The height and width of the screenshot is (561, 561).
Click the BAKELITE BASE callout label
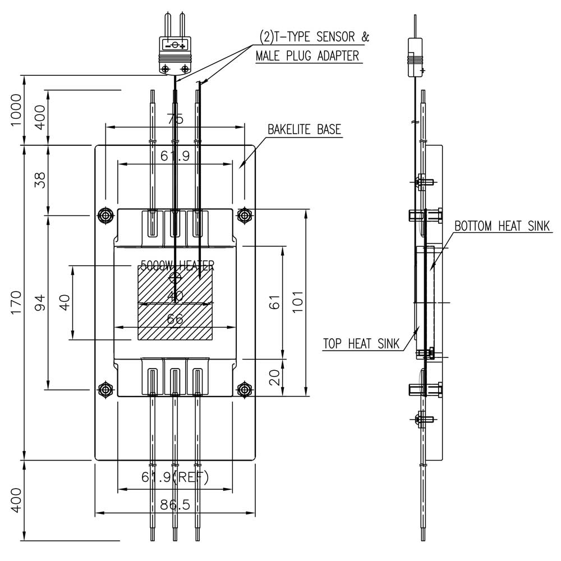304,130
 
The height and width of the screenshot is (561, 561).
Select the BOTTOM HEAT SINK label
502,226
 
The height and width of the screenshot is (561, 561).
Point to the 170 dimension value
16,303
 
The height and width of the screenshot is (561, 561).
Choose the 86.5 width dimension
174,504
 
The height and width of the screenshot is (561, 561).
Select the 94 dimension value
40,303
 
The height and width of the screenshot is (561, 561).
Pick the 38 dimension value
40,180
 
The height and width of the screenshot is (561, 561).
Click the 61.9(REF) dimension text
174,478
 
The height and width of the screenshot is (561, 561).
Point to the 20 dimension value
274,378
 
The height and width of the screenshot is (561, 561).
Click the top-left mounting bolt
105,215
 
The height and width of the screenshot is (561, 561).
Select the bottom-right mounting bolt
243,389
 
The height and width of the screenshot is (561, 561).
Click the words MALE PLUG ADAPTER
307,56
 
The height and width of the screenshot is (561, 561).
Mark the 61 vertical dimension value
274,303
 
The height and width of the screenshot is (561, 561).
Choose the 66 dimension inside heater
176,319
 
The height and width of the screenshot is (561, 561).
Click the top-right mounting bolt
243,215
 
